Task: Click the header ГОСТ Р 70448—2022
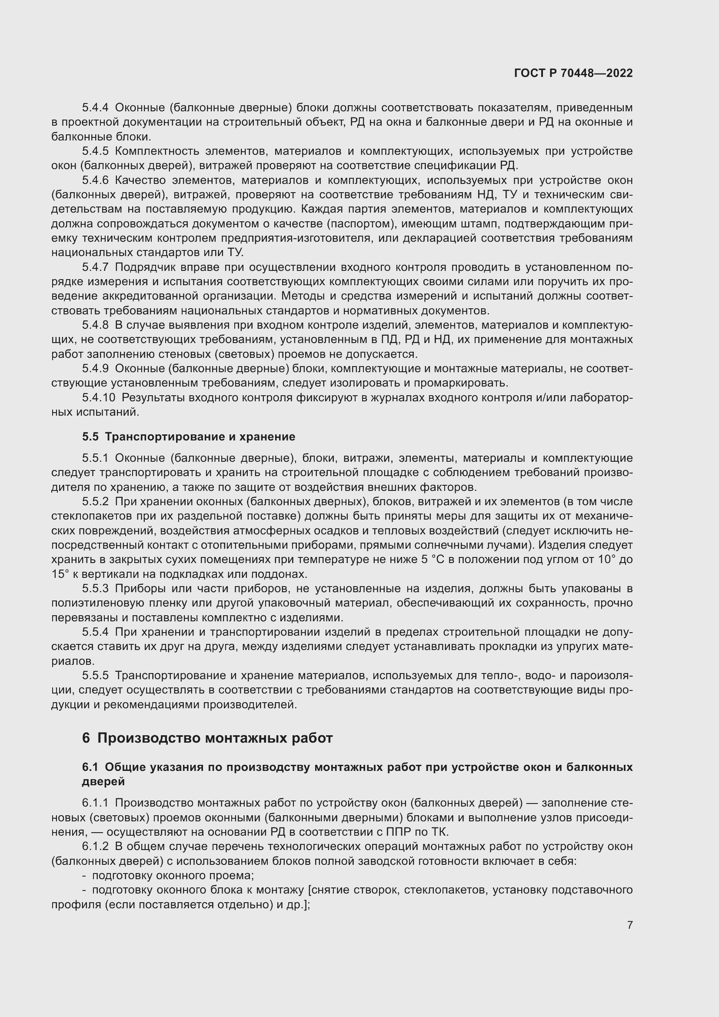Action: (573, 73)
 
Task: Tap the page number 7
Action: (629, 925)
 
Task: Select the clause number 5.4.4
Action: (95, 108)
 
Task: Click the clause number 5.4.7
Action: (95, 267)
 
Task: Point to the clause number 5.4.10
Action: (98, 398)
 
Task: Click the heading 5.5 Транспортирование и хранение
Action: (189, 437)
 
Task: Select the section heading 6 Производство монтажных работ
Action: (207, 738)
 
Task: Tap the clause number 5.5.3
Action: (95, 589)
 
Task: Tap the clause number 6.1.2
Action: (95, 847)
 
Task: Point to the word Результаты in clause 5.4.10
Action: (153, 398)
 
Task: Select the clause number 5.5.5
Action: (95, 676)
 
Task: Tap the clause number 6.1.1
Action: (95, 803)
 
